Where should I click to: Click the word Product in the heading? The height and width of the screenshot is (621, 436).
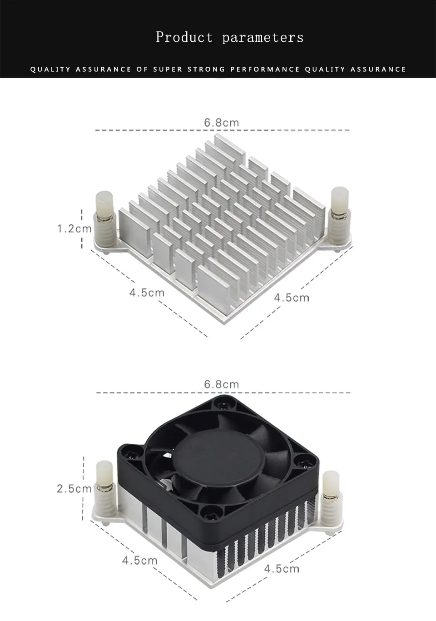point(184,37)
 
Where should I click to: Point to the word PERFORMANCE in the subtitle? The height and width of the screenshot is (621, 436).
point(265,70)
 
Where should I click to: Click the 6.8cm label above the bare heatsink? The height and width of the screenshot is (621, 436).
point(221,123)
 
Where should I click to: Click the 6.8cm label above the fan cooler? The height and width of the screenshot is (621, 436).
point(221,384)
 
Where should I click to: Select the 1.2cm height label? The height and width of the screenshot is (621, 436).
point(74,229)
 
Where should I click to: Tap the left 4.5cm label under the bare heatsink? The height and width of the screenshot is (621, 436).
point(147,293)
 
